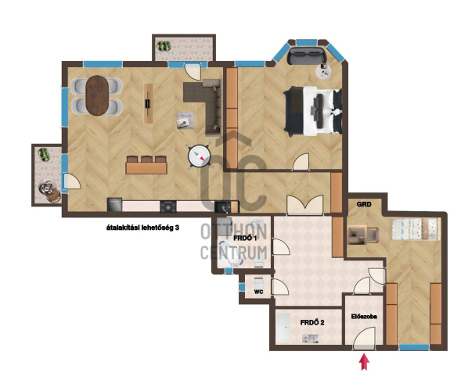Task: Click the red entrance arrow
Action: click(364, 361)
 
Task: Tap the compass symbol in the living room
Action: click(199, 156)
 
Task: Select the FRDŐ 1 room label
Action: click(245, 239)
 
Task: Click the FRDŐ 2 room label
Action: click(312, 322)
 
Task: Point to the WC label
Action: click(258, 292)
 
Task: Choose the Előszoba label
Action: click(364, 317)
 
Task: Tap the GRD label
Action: click(364, 204)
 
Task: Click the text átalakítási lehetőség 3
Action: click(142, 228)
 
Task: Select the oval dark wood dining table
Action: click(97, 95)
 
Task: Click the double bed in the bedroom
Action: click(313, 111)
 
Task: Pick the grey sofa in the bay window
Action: click(307, 55)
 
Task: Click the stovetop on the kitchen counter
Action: click(168, 206)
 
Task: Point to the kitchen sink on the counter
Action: click(222, 206)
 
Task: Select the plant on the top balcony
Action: click(164, 46)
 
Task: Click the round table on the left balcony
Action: click(46, 188)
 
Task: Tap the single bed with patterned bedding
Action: click(415, 229)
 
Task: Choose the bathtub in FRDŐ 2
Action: click(283, 328)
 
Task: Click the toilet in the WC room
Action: click(258, 282)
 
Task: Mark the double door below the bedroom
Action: click(304, 205)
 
